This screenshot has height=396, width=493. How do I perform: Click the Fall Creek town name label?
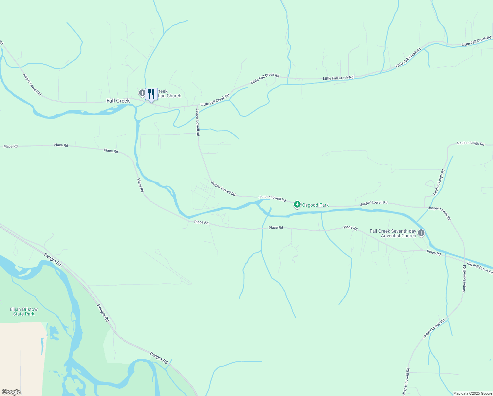coord(118,101)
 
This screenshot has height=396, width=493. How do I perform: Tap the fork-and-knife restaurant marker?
coord(151,94)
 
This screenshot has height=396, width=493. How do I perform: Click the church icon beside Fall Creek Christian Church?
coord(142,93)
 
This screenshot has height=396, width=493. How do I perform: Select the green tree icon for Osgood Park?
coord(297,205)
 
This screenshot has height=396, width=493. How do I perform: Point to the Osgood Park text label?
coord(315,205)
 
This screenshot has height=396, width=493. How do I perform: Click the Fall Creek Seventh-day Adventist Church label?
coord(393,233)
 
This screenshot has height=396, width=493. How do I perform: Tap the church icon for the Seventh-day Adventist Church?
coord(421,233)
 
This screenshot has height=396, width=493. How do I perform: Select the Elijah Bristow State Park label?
coord(24,312)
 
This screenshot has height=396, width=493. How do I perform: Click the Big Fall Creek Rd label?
coord(480,268)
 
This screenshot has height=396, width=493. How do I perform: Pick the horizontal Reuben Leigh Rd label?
coord(471,144)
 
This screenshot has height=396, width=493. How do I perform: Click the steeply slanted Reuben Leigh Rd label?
coord(439,182)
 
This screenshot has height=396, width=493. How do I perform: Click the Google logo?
coord(11,392)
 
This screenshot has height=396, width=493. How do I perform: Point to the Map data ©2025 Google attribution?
coord(473,393)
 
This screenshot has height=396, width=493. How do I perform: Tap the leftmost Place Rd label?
coord(11,146)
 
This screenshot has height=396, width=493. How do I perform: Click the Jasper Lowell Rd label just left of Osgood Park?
coord(272,198)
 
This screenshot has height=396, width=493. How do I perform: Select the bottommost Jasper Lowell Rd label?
coord(406,381)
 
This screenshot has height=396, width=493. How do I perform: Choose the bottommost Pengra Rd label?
coord(159,358)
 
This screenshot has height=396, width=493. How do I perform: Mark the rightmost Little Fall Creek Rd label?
coord(476,42)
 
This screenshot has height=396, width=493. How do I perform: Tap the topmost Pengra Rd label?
coord(53,260)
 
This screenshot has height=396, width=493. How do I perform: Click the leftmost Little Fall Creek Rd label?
coord(215,100)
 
